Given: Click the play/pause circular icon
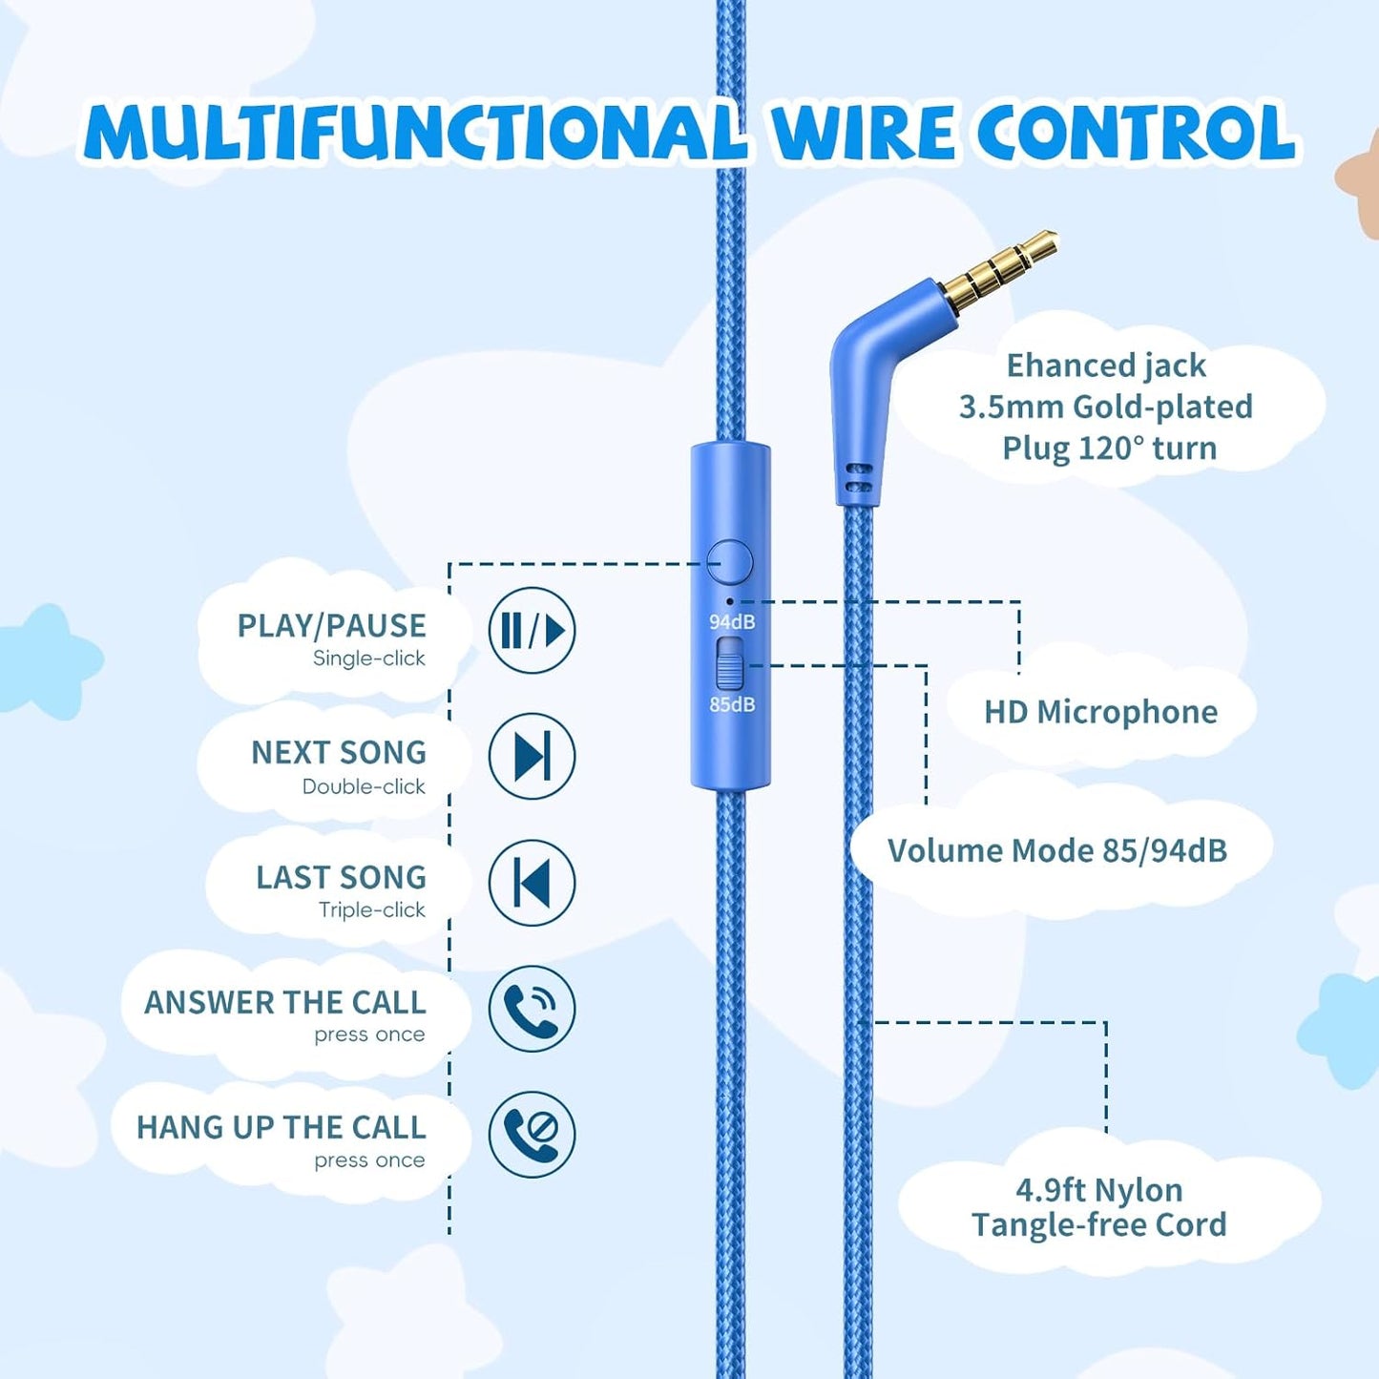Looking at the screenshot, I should [x=532, y=630].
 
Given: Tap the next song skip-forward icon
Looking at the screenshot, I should [x=532, y=756].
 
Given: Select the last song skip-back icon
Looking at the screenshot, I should [x=532, y=882].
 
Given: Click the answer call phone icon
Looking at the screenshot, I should [x=532, y=1008].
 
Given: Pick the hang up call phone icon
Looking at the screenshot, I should [x=532, y=1134].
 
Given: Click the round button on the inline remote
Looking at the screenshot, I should [x=730, y=562].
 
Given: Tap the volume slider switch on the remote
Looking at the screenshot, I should [x=730, y=664].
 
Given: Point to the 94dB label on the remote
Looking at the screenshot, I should [x=732, y=622].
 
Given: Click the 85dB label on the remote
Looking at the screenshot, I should [x=732, y=704].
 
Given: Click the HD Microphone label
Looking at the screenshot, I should [x=1100, y=712].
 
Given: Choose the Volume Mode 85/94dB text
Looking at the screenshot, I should [x=1056, y=850].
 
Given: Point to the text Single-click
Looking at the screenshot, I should [x=368, y=658].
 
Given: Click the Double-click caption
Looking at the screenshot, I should [x=364, y=786].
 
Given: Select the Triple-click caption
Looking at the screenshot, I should [x=371, y=909].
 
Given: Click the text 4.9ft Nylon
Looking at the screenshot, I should [x=1098, y=1190].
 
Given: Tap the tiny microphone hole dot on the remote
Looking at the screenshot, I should [x=731, y=601].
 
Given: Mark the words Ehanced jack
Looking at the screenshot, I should [x=1105, y=366].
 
